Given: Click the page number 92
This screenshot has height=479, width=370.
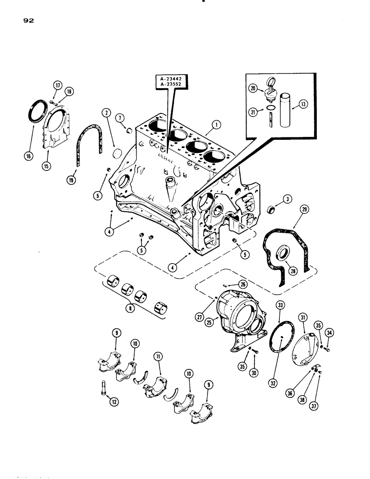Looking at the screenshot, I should (27, 21).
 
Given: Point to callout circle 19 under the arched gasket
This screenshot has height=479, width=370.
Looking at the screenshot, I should (71, 180).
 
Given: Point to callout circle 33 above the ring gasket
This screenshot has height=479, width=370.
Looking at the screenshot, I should (280, 305).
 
